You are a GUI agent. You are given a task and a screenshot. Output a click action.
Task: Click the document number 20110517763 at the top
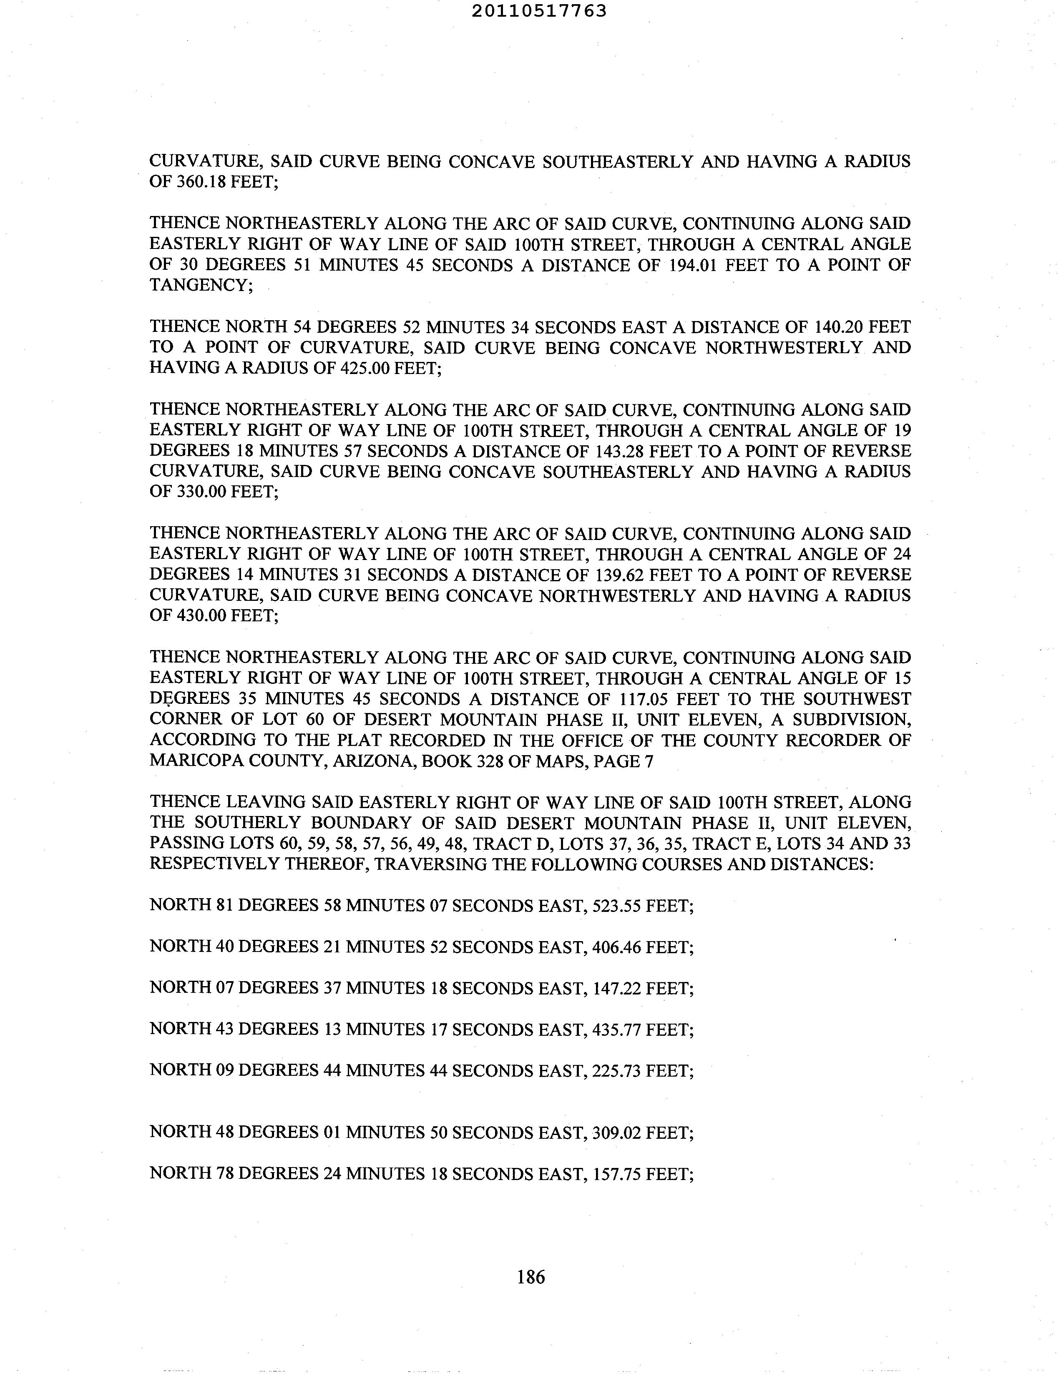[539, 11]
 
